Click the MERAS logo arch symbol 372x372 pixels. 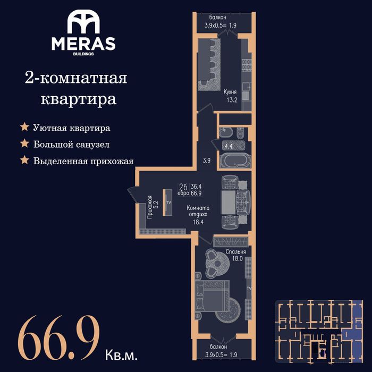coord(83,22)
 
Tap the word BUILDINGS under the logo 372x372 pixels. coord(83,54)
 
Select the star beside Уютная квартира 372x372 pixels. coord(24,127)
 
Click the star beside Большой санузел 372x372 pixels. coord(24,143)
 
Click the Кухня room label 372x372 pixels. coord(230,92)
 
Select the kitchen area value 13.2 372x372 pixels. coord(232,100)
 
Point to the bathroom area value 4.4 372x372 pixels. coord(229,146)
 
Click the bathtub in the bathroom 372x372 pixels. coord(235,160)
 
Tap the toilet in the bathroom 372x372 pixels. coord(241,133)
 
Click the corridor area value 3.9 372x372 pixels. coord(207,160)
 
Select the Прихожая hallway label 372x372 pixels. coord(149,207)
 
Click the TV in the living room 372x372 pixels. coord(167,202)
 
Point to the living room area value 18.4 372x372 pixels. coord(198,222)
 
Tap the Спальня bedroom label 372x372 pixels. coord(235,252)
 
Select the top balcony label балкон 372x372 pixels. coord(217,18)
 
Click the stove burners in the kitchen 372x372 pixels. coord(247,65)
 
